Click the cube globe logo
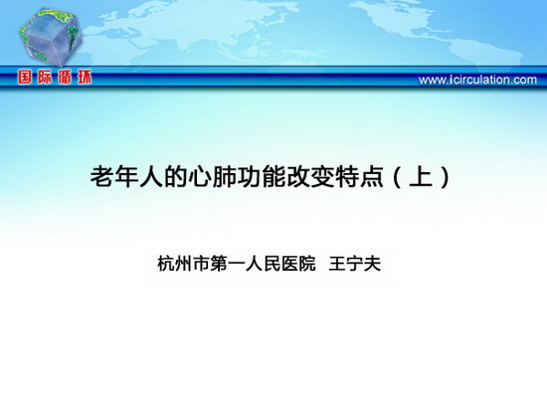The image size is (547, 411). (51, 37)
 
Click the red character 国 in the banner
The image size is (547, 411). (25, 78)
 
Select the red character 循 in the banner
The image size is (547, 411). (65, 78)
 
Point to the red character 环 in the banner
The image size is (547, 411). (85, 78)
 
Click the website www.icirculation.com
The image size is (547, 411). (477, 80)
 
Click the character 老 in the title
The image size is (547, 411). (102, 177)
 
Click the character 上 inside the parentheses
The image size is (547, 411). (422, 176)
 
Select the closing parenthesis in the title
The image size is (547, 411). (445, 177)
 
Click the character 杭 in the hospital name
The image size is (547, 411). (166, 264)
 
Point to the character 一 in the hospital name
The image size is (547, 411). (236, 264)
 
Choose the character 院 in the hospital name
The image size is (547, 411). (306, 264)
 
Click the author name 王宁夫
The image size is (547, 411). (355, 264)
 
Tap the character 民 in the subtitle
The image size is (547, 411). (272, 264)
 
